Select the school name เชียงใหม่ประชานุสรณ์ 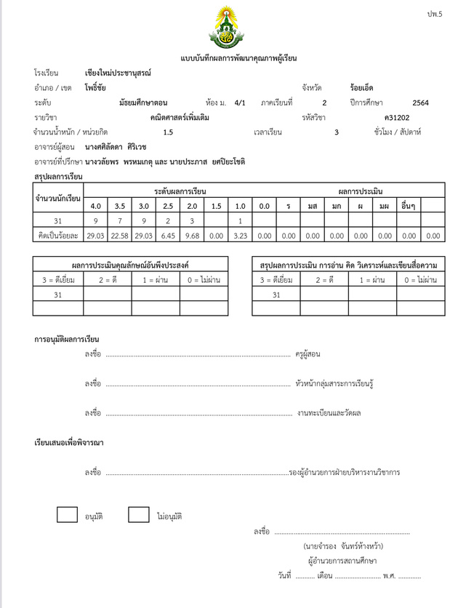tap(118, 73)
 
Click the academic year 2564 tap(420, 103)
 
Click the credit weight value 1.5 tap(168, 132)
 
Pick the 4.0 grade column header tap(95, 206)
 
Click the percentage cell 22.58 tap(119, 235)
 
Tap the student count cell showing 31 tap(58, 220)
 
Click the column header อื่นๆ tap(409, 206)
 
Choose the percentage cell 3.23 tap(239, 235)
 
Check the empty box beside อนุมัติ tap(67, 514)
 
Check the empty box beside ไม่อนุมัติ tap(138, 514)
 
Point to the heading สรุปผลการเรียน tap(58, 177)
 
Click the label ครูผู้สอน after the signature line tap(308, 354)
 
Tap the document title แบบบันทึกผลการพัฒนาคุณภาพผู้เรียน tap(228, 57)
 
